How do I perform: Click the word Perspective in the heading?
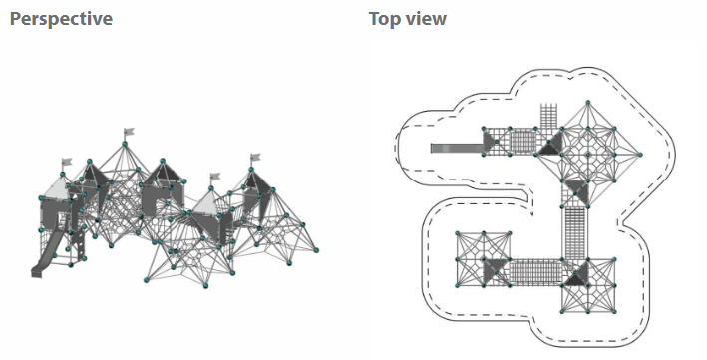pos(61,20)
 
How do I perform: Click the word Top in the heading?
pos(384,19)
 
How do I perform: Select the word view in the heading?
pos(425,19)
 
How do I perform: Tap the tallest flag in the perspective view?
pos(129,132)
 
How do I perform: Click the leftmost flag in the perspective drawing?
pos(67,162)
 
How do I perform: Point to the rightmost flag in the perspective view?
pos(255,157)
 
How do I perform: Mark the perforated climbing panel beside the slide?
pos(80,247)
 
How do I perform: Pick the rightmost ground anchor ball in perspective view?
pos(316,250)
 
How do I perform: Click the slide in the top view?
pos(457,148)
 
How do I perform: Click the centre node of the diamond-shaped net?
pos(588,155)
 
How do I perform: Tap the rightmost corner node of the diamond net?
pos(640,155)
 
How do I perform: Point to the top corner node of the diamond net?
pos(588,103)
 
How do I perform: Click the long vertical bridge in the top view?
pos(575,233)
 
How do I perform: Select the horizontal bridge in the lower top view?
pos(536,272)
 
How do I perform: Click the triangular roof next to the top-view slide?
pos(489,141)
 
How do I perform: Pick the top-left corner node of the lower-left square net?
pos(457,233)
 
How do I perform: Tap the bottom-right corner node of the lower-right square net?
pos(614,311)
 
